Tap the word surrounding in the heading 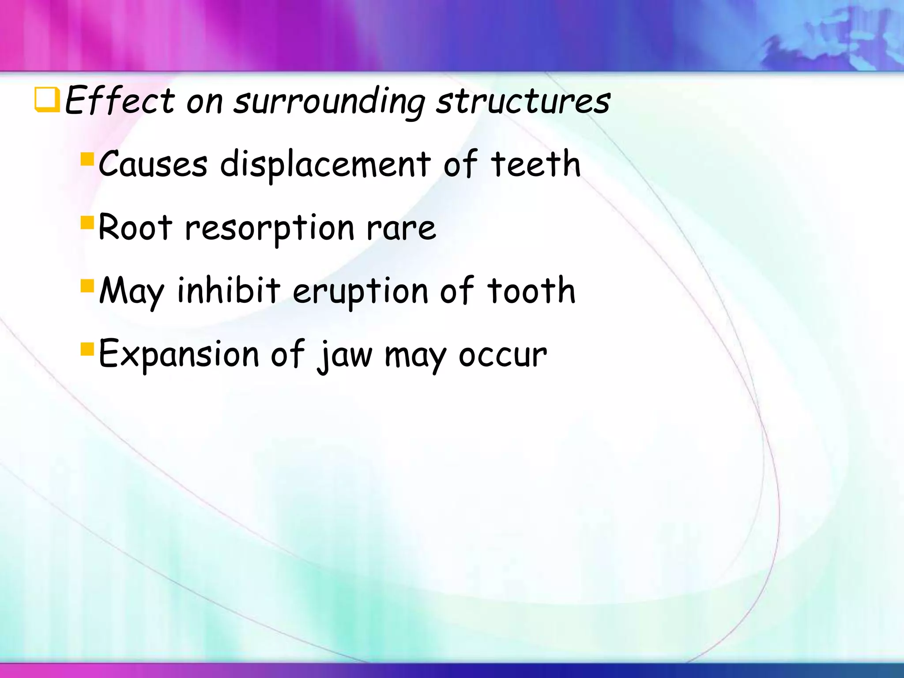point(329,102)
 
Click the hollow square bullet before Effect point(47,100)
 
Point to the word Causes point(153,164)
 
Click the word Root point(135,227)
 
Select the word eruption point(360,292)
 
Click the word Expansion point(179,354)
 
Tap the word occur point(502,355)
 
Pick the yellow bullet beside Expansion point(87,349)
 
